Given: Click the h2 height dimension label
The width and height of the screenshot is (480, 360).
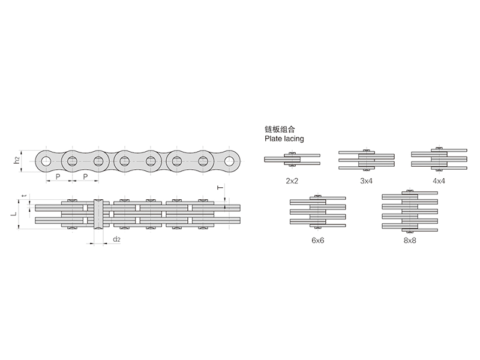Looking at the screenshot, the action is click(x=17, y=160).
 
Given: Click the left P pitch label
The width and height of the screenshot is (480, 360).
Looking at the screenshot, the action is click(x=58, y=177).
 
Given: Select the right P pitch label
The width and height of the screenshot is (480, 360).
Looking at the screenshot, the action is click(x=85, y=177).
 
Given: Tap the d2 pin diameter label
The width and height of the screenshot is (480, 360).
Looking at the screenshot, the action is click(x=116, y=239).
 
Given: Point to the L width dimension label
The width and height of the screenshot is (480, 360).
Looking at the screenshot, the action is click(x=14, y=213).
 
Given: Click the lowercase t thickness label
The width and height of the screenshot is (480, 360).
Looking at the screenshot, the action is click(x=25, y=196).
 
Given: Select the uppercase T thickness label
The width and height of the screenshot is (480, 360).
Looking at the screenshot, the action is click(x=220, y=188).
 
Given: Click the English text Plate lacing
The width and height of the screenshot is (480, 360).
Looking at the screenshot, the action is click(x=284, y=139).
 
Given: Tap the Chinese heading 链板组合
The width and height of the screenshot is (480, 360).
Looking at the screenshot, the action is click(x=280, y=129).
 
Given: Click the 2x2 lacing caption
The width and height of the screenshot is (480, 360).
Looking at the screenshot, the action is click(x=292, y=181).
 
